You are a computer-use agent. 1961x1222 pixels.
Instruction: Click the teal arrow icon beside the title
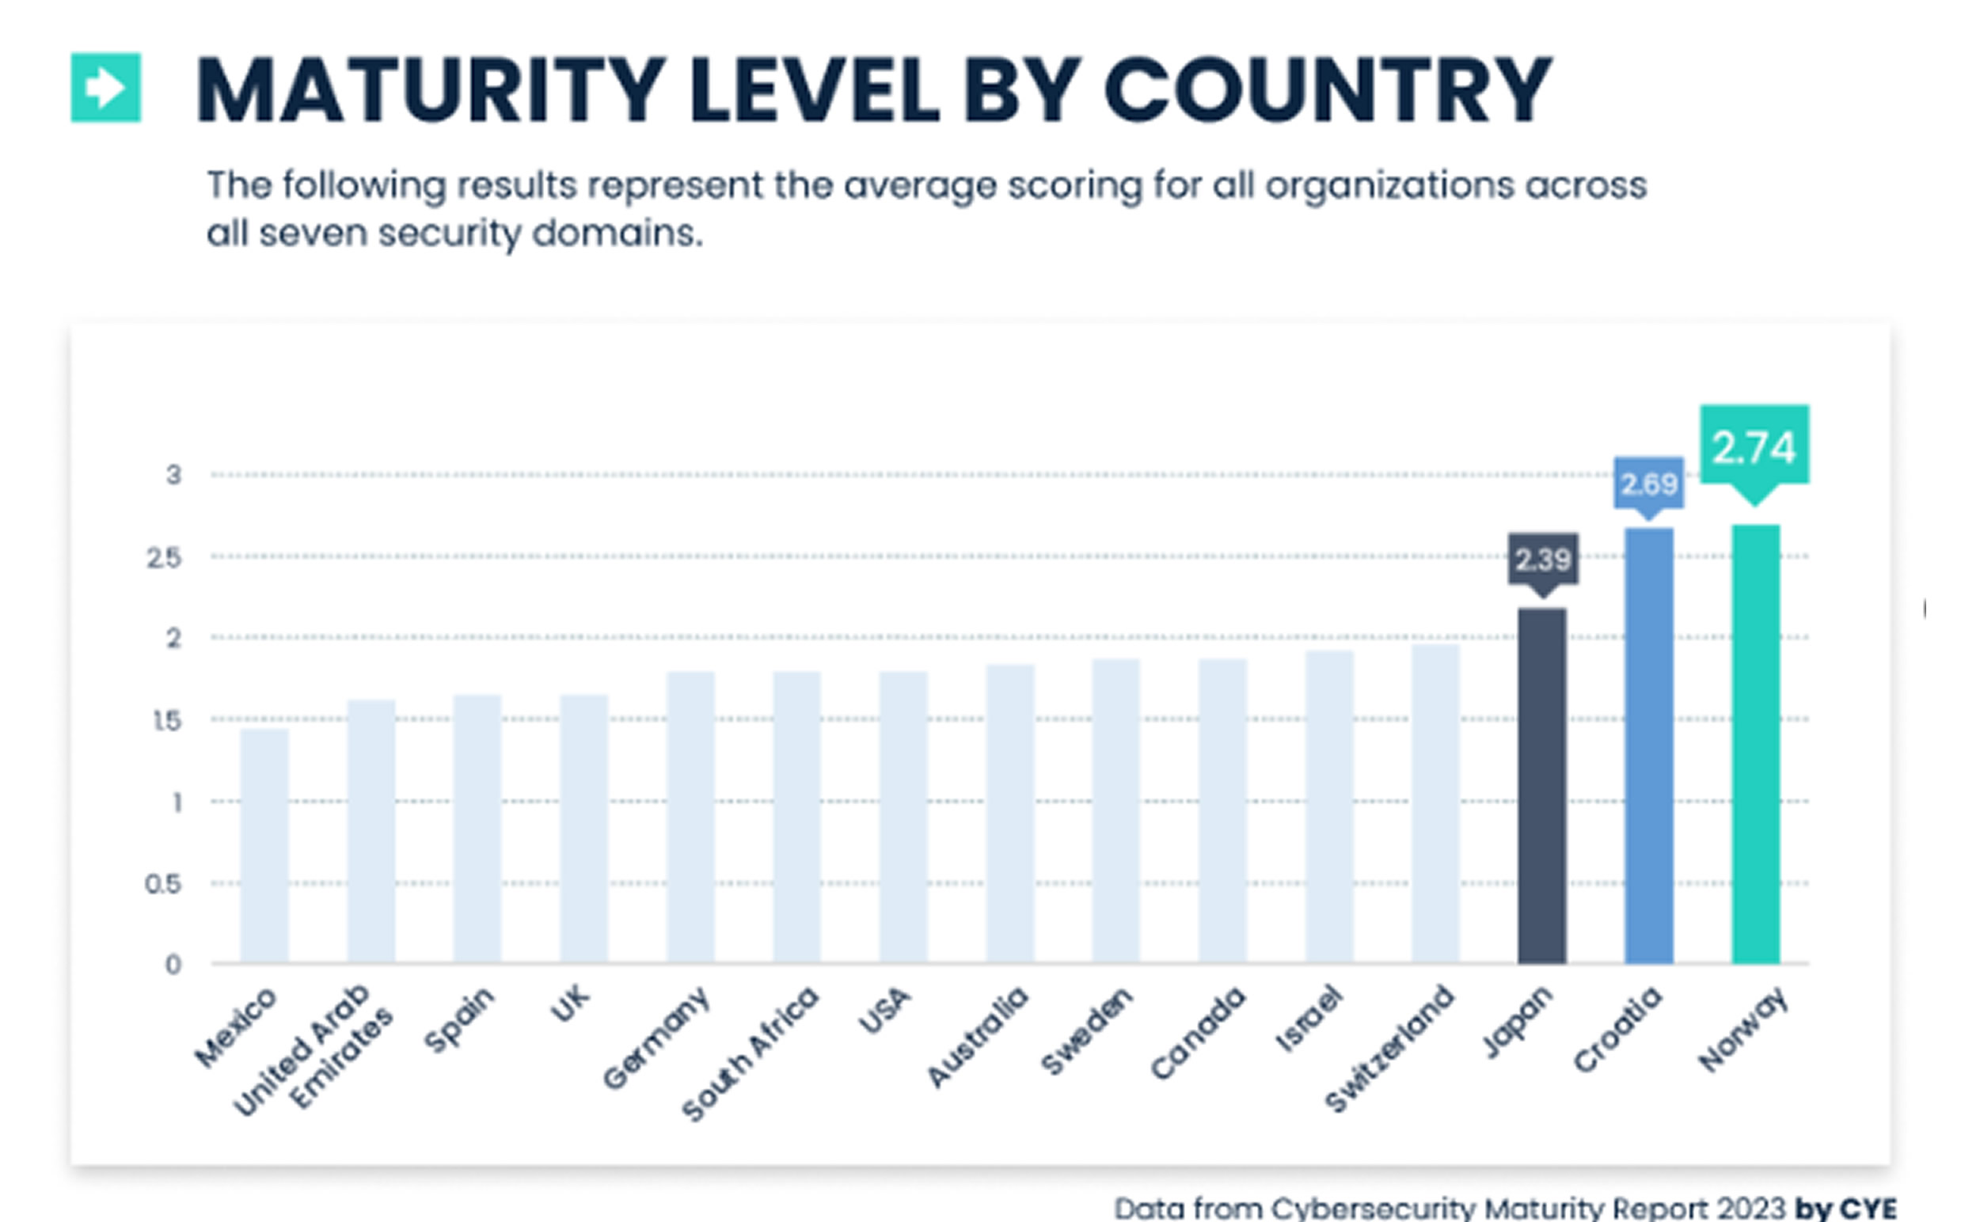point(106,87)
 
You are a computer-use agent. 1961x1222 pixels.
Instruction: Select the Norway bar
point(1755,743)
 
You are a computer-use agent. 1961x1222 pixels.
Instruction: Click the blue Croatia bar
point(1649,746)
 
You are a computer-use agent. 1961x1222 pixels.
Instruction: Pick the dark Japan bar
point(1542,786)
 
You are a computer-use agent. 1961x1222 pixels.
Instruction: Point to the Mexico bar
point(264,845)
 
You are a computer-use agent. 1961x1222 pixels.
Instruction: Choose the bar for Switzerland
point(1435,803)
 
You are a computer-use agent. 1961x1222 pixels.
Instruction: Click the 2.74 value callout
point(1754,447)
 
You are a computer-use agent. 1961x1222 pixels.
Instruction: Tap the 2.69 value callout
point(1649,484)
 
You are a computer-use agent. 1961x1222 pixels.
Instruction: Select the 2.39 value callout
point(1543,560)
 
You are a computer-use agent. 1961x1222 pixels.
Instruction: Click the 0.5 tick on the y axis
point(163,884)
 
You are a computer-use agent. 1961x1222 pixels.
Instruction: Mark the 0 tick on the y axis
point(173,964)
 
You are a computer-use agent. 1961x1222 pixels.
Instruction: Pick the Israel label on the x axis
point(1308,1020)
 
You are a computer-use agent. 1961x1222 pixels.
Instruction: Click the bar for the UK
point(583,829)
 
